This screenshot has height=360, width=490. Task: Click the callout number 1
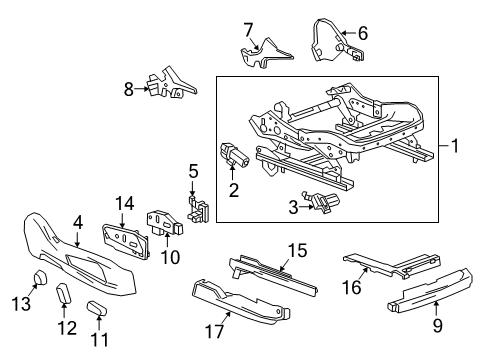point(456,146)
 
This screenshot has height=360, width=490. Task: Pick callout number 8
point(128,89)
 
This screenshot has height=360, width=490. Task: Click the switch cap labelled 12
point(65,296)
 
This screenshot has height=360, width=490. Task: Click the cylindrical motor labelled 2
point(233,154)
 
